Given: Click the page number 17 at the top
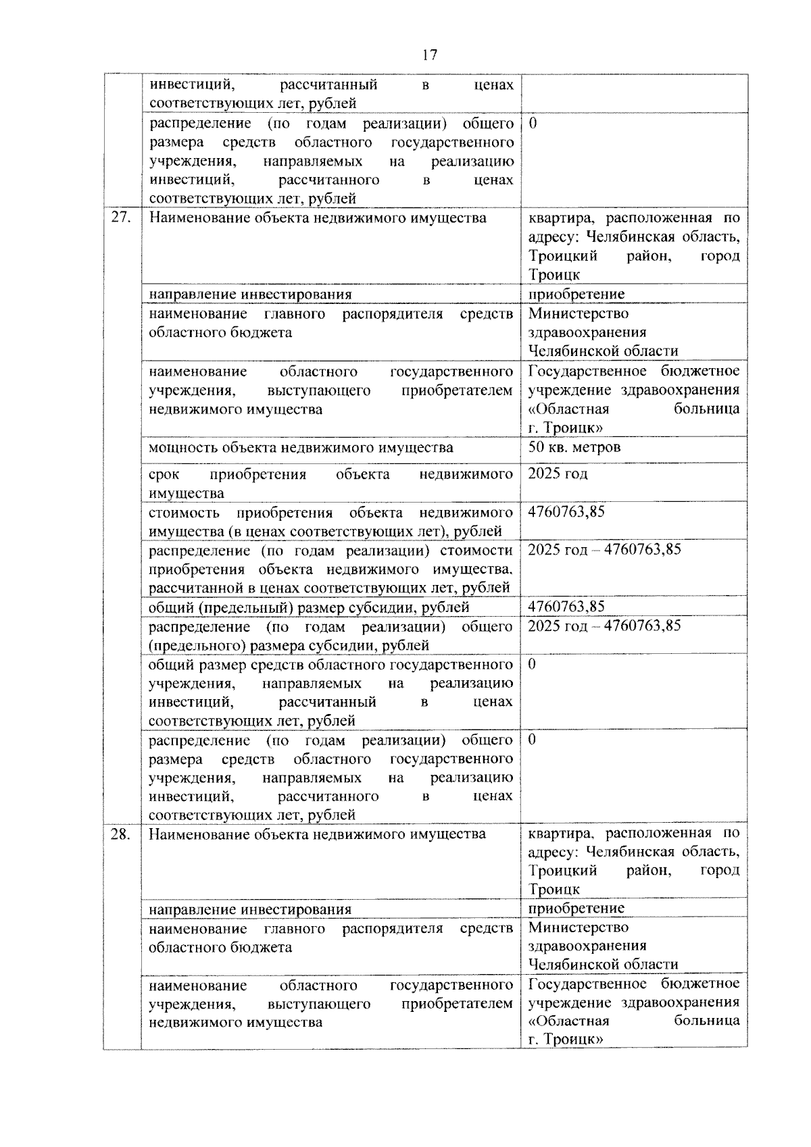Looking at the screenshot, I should [429, 55].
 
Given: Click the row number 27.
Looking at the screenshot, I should [120, 218].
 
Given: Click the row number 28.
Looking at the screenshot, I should [120, 834].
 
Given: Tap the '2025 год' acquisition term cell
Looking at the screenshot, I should [558, 474].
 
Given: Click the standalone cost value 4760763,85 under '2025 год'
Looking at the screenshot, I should [566, 511].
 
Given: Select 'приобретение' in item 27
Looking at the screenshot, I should [576, 294].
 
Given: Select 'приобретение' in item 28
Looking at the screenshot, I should [576, 908].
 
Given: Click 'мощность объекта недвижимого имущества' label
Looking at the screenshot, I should [301, 448].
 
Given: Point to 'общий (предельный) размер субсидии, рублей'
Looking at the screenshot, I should [309, 607].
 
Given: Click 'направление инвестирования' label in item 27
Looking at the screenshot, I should [250, 295].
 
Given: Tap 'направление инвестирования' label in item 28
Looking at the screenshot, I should [250, 909].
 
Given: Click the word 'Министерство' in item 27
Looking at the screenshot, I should [578, 313].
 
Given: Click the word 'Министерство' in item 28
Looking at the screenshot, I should [578, 927].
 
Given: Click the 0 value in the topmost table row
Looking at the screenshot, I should [533, 124].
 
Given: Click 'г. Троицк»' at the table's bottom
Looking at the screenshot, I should [565, 1040].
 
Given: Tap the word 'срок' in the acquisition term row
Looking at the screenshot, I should [164, 474].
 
